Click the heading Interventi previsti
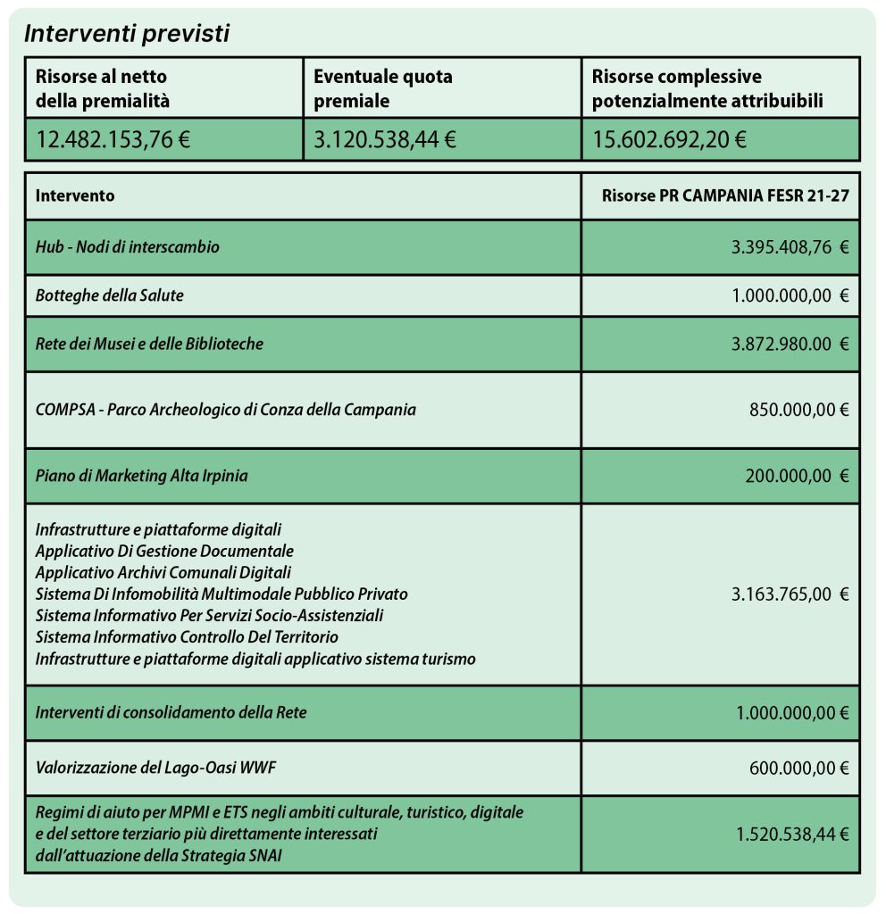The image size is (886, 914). (x=127, y=34)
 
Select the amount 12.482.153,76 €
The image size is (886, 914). (x=113, y=139)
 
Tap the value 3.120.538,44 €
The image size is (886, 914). (x=385, y=139)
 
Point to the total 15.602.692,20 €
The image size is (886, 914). (x=669, y=139)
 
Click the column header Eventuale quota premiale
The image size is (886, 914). (x=383, y=88)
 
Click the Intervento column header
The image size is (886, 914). (x=75, y=196)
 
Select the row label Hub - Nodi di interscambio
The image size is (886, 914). (x=128, y=247)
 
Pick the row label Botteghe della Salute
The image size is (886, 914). (x=110, y=295)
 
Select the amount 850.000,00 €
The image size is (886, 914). (x=798, y=410)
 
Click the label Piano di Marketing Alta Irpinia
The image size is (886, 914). (x=142, y=476)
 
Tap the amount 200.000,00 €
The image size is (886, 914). (x=797, y=476)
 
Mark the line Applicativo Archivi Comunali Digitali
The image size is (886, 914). (x=163, y=572)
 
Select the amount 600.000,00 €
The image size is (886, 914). (x=798, y=766)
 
